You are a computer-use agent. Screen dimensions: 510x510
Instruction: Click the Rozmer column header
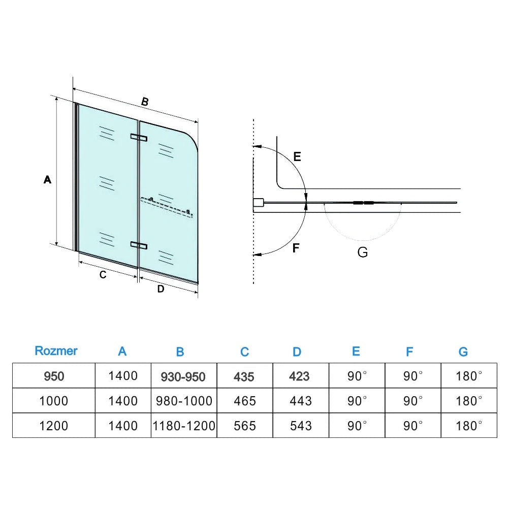tap(56, 351)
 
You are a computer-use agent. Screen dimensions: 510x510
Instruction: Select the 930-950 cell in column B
tap(183, 376)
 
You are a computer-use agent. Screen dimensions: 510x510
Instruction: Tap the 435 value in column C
tap(244, 376)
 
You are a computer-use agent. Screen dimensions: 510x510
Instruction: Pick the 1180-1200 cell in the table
tap(184, 426)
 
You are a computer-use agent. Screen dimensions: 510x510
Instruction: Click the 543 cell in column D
tap(301, 426)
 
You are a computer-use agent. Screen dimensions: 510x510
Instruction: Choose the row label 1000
tap(54, 401)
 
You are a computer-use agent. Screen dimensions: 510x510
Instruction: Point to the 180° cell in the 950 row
tap(469, 376)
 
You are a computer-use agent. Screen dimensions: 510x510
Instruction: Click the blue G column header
tap(463, 352)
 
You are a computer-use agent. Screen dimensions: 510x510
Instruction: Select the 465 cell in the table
tap(245, 401)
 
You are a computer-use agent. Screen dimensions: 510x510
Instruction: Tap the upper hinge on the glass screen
tap(139, 137)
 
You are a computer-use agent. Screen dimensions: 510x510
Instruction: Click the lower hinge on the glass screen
tap(139, 245)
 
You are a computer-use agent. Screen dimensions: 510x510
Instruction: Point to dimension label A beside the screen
tap(47, 179)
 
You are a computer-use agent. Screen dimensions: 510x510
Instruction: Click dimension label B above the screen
tap(145, 102)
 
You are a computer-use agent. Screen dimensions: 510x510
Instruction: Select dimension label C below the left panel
tap(103, 275)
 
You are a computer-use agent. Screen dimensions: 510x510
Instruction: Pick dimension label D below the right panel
tap(161, 289)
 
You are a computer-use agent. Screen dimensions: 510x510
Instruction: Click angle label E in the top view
tap(297, 157)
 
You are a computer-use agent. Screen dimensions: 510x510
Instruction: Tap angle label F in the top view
tap(296, 248)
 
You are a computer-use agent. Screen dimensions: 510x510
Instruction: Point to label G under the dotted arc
tap(363, 252)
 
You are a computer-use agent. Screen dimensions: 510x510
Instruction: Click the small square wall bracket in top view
tap(258, 203)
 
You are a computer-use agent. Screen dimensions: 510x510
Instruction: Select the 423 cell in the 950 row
tap(299, 376)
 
